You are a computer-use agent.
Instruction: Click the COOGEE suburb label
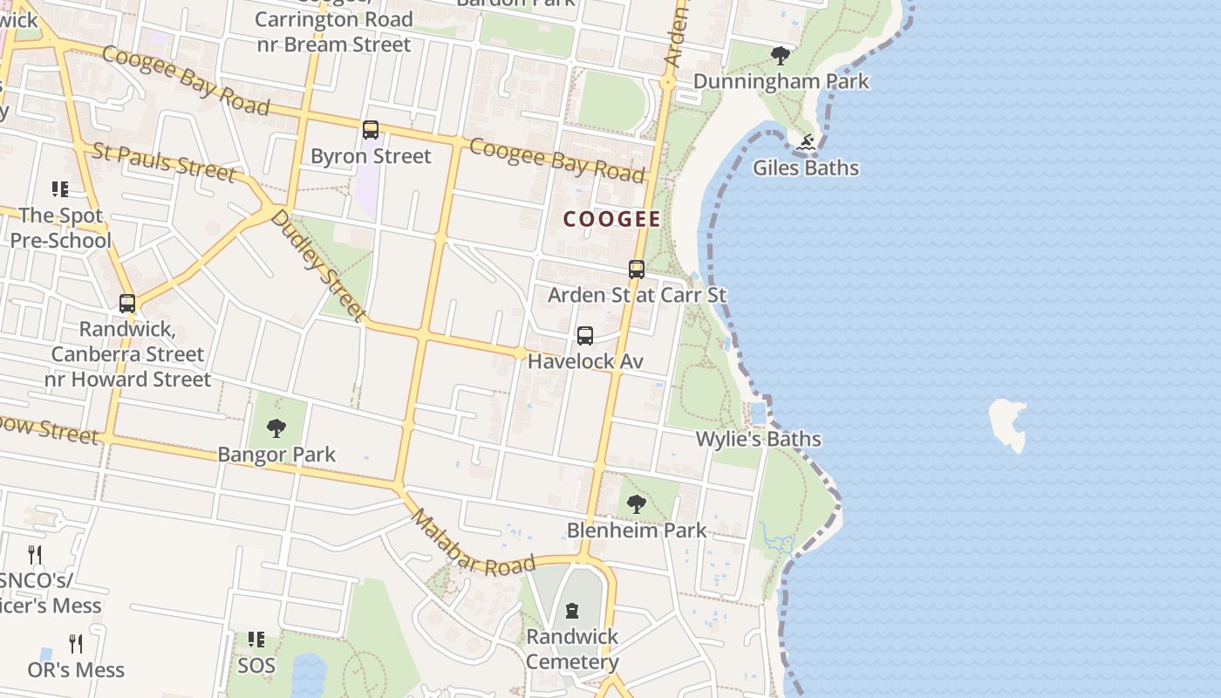[x=611, y=219]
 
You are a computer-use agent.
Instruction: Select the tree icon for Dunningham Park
[x=781, y=57]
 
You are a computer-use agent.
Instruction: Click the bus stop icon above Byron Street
[x=371, y=130]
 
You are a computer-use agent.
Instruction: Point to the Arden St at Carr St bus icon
[x=637, y=270]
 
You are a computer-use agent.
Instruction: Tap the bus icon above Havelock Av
[x=585, y=336]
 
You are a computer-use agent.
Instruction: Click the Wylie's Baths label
[x=758, y=439]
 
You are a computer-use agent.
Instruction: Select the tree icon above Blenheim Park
[x=637, y=503]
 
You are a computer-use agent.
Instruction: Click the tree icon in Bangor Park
[x=276, y=428]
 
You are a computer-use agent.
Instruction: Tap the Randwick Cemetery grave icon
[x=572, y=611]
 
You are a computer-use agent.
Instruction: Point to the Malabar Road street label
[x=471, y=543]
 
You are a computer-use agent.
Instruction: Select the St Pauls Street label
[x=163, y=162]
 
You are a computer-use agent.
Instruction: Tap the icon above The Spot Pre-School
[x=59, y=189]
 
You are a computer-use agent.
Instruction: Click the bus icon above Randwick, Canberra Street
[x=127, y=304]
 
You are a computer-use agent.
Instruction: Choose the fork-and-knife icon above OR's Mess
[x=76, y=644]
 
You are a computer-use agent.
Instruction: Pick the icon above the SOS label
[x=256, y=640]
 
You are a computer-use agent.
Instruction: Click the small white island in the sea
[x=1009, y=423]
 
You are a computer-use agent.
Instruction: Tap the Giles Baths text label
[x=805, y=168]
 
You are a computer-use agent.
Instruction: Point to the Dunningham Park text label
[x=781, y=81]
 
